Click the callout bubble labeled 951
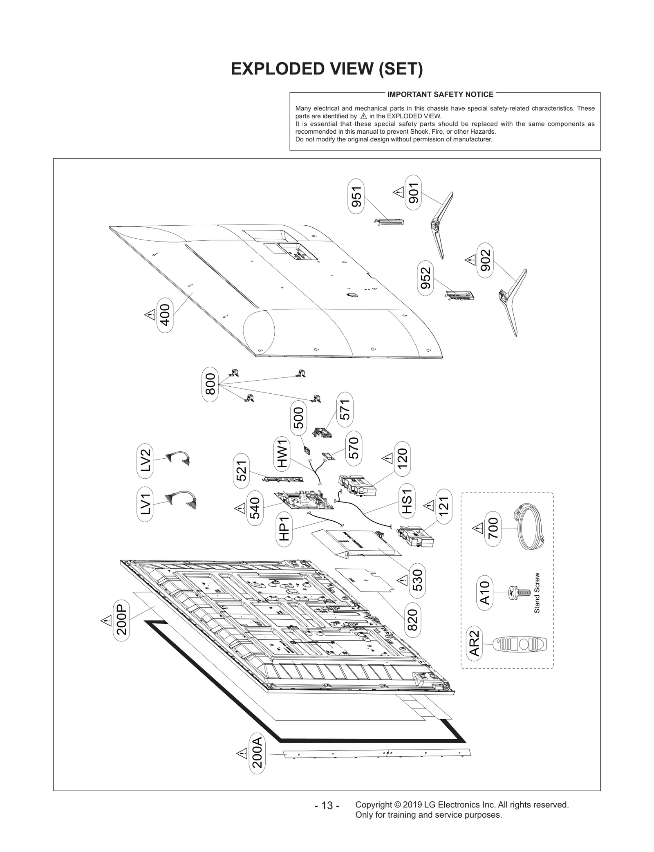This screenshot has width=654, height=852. tap(356, 196)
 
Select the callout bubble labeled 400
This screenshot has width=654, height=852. tap(165, 315)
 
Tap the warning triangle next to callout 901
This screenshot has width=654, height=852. tap(399, 191)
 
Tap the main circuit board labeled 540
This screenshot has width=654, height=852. tap(305, 500)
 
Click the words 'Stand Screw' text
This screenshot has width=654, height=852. tap(537, 592)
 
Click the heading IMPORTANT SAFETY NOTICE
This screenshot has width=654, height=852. tap(440, 94)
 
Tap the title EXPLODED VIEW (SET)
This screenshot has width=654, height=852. tap(327, 69)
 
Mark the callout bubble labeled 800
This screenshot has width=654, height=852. tap(210, 384)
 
